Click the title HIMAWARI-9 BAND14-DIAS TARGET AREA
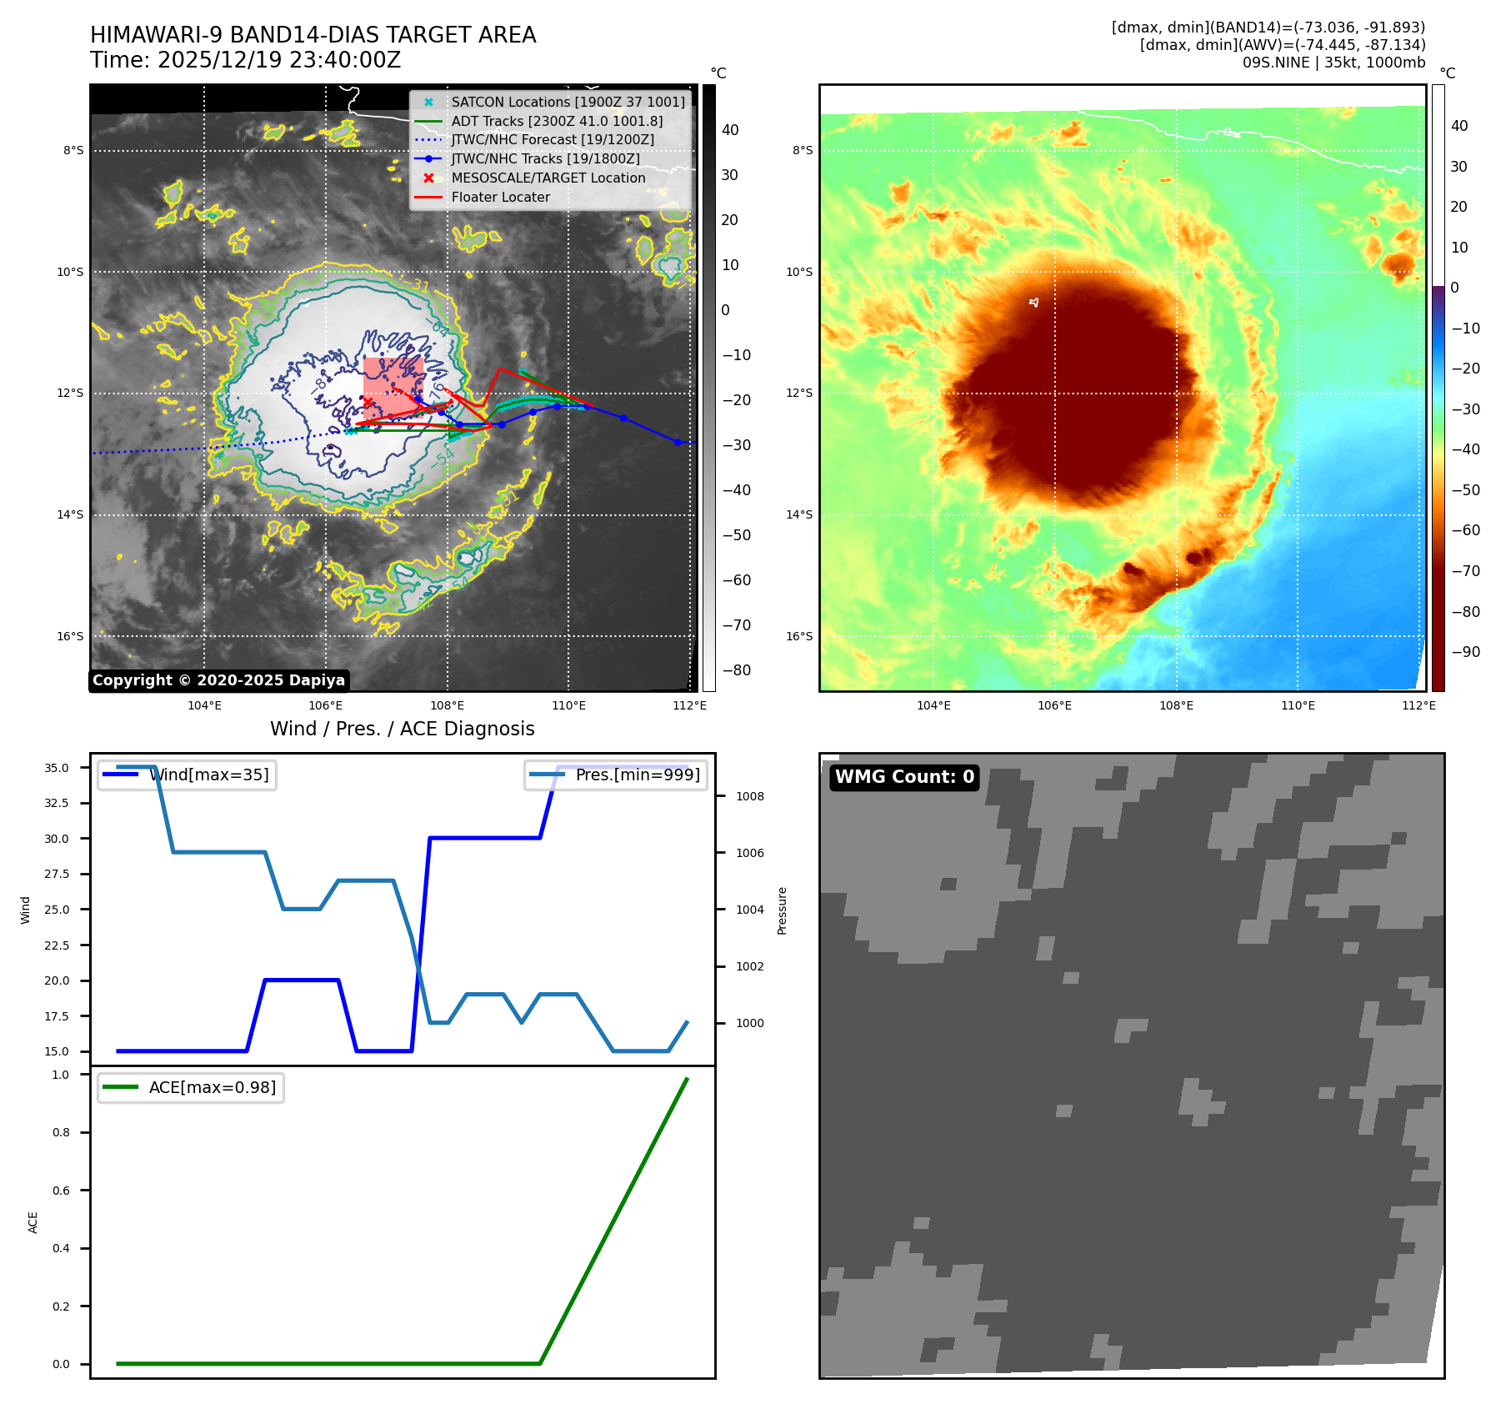pos(313,35)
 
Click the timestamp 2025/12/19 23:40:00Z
pos(278,60)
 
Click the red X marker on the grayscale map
pos(368,402)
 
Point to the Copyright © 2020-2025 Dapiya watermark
pos(218,680)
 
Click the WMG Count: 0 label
pos(904,777)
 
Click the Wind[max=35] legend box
pos(187,775)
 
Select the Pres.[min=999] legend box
pos(616,775)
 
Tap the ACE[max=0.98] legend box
pos(190,1087)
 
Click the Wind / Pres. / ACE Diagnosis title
pos(402,729)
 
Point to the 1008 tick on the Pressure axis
pos(749,796)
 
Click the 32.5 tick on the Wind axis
pos(57,803)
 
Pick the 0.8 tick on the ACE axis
pos(61,1132)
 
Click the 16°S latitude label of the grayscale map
pos(70,636)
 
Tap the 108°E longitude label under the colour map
pos(1176,705)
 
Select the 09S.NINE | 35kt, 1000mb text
pos(1333,63)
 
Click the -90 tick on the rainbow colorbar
pos(1465,652)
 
